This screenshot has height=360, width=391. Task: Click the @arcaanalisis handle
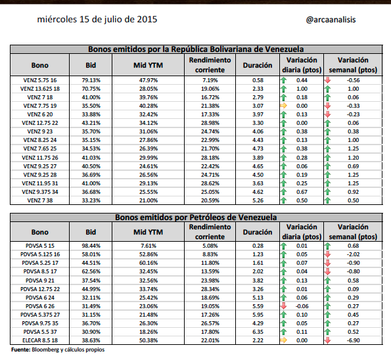point(331,20)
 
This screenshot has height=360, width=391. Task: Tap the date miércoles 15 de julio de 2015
point(97,20)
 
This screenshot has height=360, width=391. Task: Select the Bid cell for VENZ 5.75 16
point(91,80)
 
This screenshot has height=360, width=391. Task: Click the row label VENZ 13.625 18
point(40,89)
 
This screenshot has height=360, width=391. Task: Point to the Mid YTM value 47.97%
point(149,80)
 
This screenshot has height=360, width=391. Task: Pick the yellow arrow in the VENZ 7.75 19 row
point(283,106)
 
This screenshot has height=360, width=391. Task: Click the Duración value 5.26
point(258,200)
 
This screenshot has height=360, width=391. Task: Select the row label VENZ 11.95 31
point(40,183)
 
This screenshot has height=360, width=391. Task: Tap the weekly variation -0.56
point(353,80)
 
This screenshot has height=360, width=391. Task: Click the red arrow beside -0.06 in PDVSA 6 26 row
point(283,306)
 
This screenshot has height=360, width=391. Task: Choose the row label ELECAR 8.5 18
point(40,340)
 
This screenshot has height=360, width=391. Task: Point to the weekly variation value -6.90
point(353,340)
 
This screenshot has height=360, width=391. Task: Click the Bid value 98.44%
point(91,246)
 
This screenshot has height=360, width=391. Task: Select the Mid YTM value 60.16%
point(149,263)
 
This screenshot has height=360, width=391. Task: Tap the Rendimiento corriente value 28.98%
point(210,123)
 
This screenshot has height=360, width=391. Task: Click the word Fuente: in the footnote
point(20,349)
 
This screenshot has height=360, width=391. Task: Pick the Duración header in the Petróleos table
point(258,232)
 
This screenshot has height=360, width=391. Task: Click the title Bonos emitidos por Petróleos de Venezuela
point(196,217)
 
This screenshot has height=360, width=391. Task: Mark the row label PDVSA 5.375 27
point(40,315)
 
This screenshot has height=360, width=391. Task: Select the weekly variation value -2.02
point(353,254)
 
